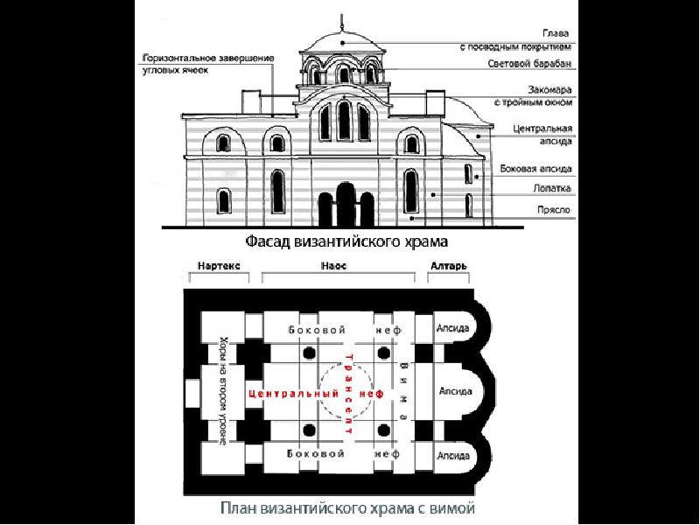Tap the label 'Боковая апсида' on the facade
536,168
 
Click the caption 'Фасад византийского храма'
351,238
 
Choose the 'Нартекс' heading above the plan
218,264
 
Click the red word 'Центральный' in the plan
293,394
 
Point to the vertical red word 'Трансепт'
350,394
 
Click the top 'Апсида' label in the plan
453,329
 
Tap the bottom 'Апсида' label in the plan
453,455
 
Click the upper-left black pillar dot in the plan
309,353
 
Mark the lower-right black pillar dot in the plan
384,430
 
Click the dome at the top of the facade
339,38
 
